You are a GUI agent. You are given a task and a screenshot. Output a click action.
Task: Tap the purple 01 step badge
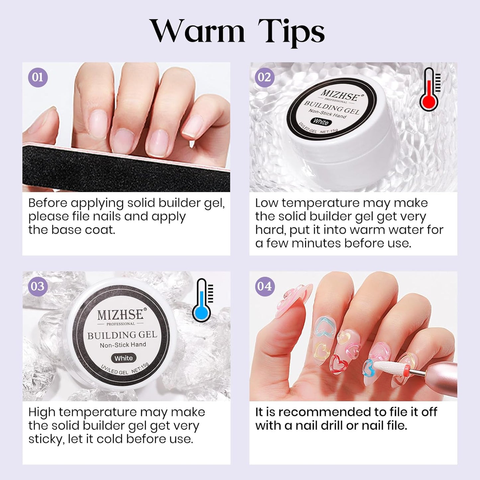(x=38, y=77)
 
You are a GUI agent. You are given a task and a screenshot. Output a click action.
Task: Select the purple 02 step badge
(x=264, y=77)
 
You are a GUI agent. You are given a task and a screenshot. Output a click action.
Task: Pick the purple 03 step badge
(x=38, y=286)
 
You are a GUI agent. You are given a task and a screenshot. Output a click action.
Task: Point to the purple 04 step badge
(x=264, y=286)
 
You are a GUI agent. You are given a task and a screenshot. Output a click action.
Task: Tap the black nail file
(x=126, y=166)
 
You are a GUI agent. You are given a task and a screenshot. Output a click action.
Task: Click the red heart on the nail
(x=339, y=364)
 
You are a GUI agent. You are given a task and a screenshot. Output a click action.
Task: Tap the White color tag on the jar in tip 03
(x=124, y=358)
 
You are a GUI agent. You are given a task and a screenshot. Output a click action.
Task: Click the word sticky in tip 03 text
(x=45, y=439)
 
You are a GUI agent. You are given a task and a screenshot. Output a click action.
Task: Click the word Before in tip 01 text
(x=48, y=203)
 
